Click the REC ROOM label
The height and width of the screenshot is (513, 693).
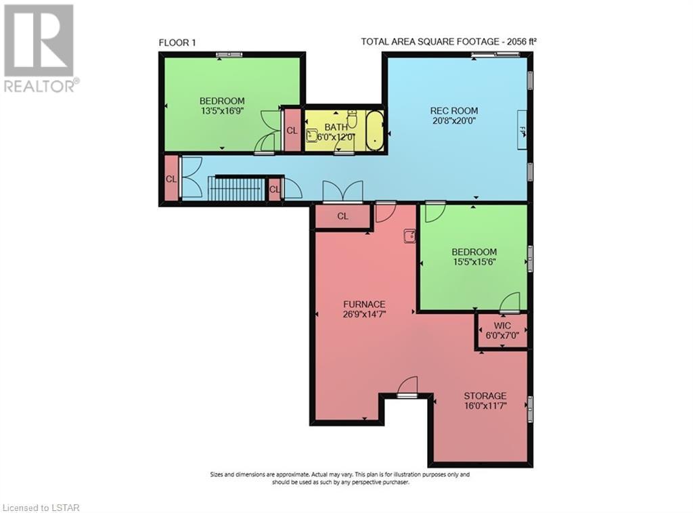(x=454, y=110)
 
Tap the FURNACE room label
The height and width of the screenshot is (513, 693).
(x=364, y=305)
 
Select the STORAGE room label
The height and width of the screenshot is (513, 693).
(x=485, y=396)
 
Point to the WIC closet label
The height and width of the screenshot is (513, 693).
(x=502, y=326)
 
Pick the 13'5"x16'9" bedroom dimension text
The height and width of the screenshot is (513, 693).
(x=222, y=110)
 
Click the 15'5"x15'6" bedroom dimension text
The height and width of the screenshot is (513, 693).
(x=474, y=262)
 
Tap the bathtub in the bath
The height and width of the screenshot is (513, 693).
(x=375, y=131)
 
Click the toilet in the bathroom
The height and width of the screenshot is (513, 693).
(x=352, y=119)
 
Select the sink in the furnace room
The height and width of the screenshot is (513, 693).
(x=409, y=236)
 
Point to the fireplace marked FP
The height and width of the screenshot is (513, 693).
(x=522, y=130)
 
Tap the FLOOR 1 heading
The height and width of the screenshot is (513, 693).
(x=177, y=43)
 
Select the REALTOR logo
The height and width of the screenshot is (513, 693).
(x=40, y=48)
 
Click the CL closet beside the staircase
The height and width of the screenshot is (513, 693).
(x=275, y=189)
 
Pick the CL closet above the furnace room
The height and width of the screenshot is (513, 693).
(x=342, y=216)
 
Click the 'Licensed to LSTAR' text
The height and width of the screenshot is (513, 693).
(x=41, y=508)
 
